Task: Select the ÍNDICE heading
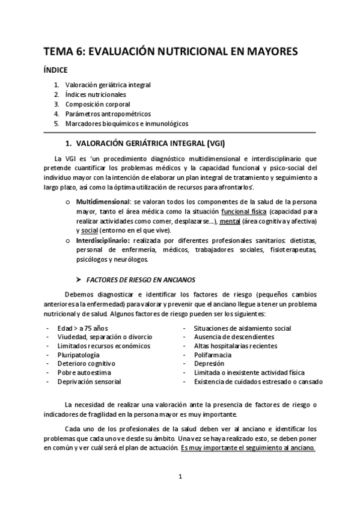tap(55, 70)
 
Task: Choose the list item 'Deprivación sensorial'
tap(89, 382)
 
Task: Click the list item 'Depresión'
tap(209, 364)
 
